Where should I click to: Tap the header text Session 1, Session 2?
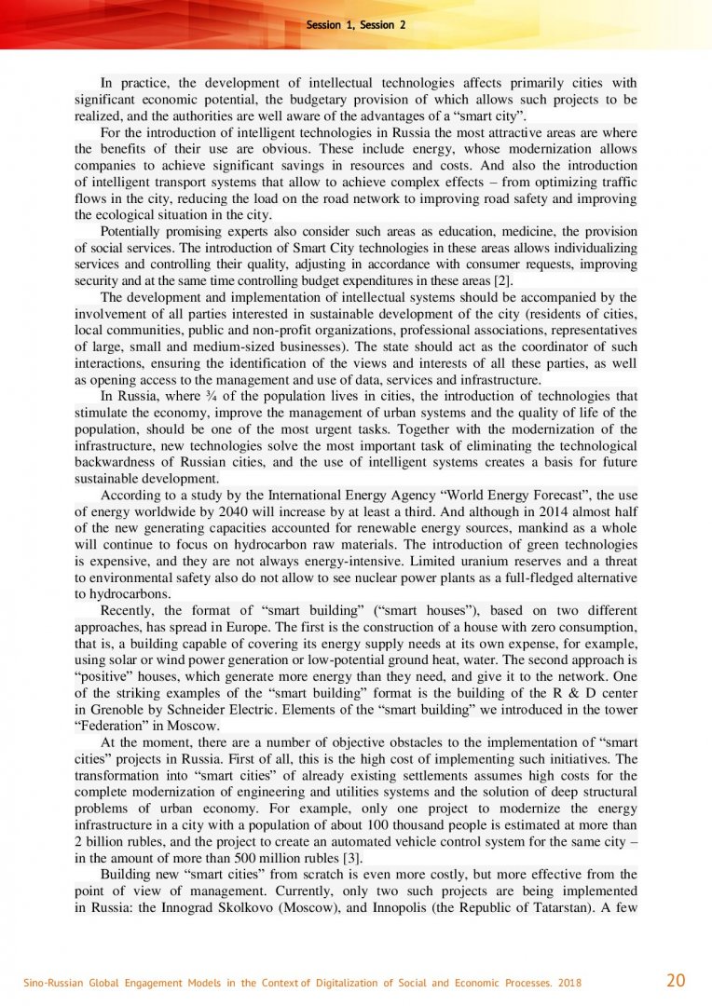[x=356, y=25]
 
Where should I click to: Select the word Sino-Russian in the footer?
[x=53, y=981]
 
